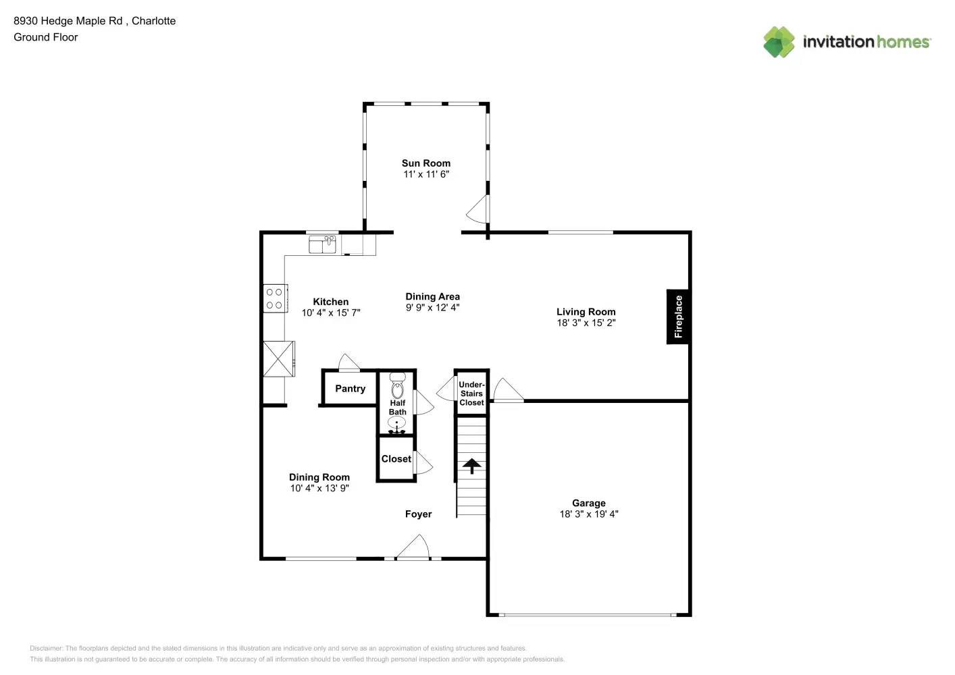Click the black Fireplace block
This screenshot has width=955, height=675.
678,317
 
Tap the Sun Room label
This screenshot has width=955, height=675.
425,163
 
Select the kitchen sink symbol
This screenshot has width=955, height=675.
323,244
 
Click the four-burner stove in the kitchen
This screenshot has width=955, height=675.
275,298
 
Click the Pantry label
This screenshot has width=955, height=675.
350,388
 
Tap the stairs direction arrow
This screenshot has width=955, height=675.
471,466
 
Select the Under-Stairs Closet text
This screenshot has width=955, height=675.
471,394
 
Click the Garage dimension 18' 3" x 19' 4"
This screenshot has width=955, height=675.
588,514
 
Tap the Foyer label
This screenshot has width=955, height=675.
418,514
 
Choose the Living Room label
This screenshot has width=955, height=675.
586,311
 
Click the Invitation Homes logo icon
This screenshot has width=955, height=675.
779,42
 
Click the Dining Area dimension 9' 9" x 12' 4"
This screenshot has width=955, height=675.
432,307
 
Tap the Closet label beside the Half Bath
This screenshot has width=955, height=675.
396,458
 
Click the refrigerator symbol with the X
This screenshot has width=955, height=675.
278,358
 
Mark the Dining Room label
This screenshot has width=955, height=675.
319,477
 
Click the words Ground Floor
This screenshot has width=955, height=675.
46,37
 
